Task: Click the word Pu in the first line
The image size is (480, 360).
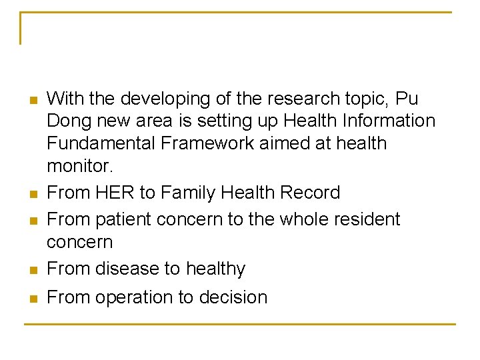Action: click(407, 99)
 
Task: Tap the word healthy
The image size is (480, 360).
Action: click(215, 269)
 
